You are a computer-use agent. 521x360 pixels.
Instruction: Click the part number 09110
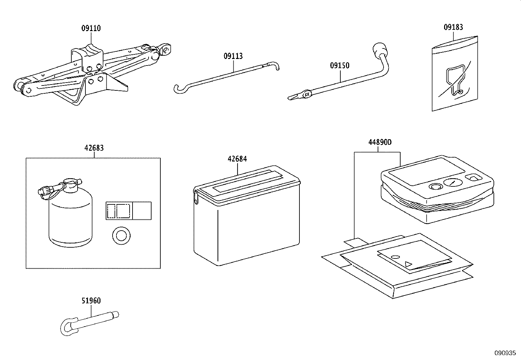[x=91, y=28]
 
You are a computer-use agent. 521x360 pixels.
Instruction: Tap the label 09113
[x=233, y=56]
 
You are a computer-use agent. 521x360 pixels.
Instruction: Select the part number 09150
[x=339, y=66]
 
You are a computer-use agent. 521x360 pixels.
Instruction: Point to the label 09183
[x=453, y=27]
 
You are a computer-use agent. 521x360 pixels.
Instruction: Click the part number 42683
[x=94, y=148]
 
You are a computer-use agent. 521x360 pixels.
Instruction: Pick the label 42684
[x=237, y=159]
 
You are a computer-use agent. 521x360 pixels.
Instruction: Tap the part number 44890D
[x=380, y=142]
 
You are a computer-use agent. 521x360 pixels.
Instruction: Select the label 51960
[x=91, y=301]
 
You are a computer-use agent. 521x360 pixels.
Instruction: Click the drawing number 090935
[x=505, y=353]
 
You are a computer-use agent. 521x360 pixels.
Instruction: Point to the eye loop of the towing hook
[x=68, y=326]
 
